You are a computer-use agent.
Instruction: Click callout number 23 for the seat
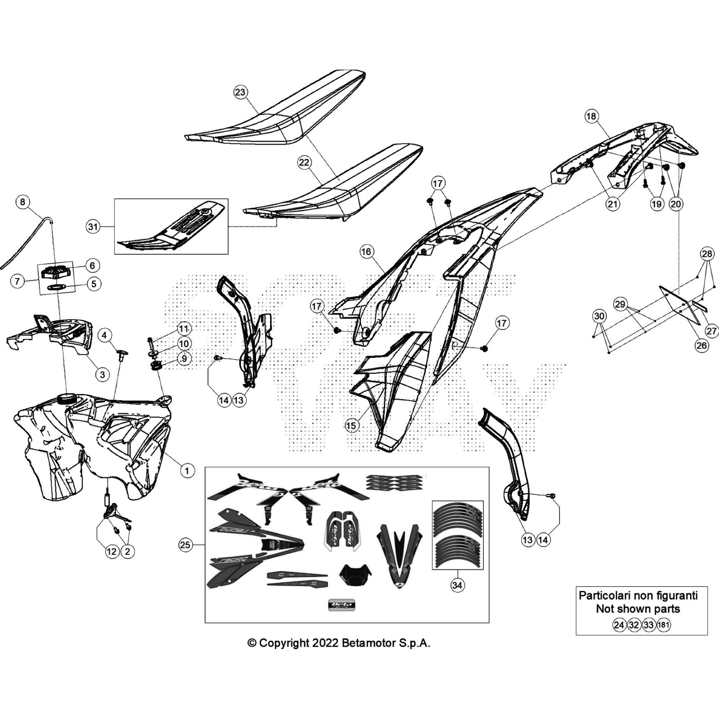pyautogui.click(x=240, y=92)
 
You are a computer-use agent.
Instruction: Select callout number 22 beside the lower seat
pyautogui.click(x=304, y=162)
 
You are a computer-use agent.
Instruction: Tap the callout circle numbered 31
pyautogui.click(x=93, y=227)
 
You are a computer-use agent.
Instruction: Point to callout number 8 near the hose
pyautogui.click(x=23, y=202)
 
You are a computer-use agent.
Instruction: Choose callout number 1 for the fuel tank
pyautogui.click(x=187, y=470)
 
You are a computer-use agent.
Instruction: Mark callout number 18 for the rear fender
pyautogui.click(x=591, y=116)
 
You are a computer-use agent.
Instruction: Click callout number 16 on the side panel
pyautogui.click(x=366, y=252)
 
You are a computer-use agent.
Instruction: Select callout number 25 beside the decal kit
pyautogui.click(x=185, y=545)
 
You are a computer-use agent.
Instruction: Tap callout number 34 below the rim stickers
pyautogui.click(x=457, y=585)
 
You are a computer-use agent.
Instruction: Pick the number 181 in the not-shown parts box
pyautogui.click(x=663, y=625)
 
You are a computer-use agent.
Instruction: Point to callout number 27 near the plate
pyautogui.click(x=711, y=331)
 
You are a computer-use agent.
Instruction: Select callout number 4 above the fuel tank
pyautogui.click(x=104, y=335)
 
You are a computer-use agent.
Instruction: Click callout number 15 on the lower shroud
pyautogui.click(x=352, y=426)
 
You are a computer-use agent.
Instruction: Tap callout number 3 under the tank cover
pyautogui.click(x=102, y=374)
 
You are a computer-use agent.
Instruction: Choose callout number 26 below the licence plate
pyautogui.click(x=701, y=346)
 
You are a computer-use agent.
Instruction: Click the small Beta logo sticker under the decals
pyautogui.click(x=343, y=605)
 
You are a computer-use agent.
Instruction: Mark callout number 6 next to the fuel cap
pyautogui.click(x=92, y=265)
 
